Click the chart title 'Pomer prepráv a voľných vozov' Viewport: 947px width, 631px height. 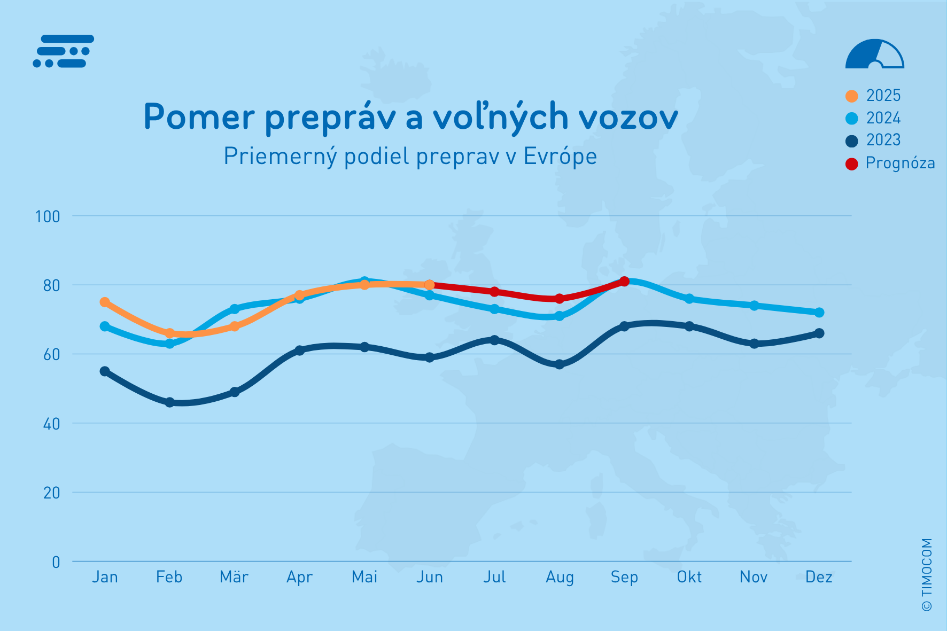pyautogui.click(x=410, y=117)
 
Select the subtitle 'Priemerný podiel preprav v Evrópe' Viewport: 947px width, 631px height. pyautogui.click(x=410, y=157)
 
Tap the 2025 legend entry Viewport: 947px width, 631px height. pyautogui.click(x=873, y=96)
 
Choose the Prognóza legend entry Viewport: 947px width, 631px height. pyautogui.click(x=890, y=163)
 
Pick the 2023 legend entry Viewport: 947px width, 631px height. pyautogui.click(x=873, y=140)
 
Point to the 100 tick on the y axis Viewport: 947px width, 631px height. pyautogui.click(x=47, y=216)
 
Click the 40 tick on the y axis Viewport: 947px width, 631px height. pyautogui.click(x=51, y=424)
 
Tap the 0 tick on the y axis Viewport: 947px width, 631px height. pyautogui.click(x=56, y=562)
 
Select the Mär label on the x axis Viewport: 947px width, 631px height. pyautogui.click(x=234, y=577)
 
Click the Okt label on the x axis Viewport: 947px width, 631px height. pyautogui.click(x=689, y=577)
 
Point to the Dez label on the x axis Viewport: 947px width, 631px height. pyautogui.click(x=819, y=577)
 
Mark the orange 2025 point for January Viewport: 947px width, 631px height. pyautogui.click(x=105, y=302)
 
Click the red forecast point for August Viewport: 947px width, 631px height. pyautogui.click(x=560, y=299)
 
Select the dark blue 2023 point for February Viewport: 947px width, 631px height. pyautogui.click(x=169, y=402)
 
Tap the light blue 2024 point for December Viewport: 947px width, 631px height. pyautogui.click(x=819, y=313)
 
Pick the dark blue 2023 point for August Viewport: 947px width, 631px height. pyautogui.click(x=560, y=364)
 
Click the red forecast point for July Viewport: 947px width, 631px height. pyautogui.click(x=494, y=292)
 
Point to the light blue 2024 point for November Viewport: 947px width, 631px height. pyautogui.click(x=754, y=306)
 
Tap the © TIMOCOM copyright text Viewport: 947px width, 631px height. pyautogui.click(x=927, y=574)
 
